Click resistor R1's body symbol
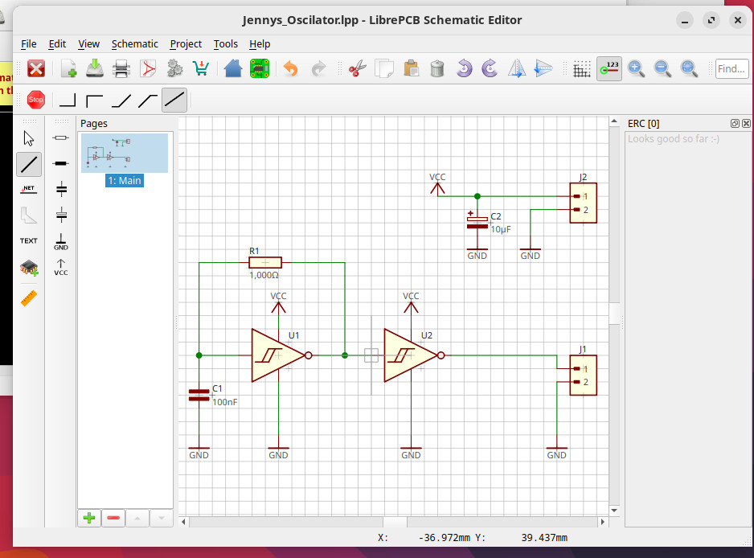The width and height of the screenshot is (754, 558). point(265,262)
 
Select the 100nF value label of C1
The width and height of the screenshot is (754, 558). point(225,401)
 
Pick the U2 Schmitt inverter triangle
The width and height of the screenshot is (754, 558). point(408,355)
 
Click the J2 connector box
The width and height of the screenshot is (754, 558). point(583,203)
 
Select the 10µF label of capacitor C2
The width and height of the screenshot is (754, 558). point(501,229)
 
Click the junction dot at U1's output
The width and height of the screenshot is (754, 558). point(345,355)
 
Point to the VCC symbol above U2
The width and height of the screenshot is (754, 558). point(411,302)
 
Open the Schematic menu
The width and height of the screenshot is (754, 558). point(134,43)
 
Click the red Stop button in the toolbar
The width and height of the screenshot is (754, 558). point(35,100)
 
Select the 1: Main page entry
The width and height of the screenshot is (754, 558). point(125,180)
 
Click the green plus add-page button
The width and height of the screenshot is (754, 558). point(89,518)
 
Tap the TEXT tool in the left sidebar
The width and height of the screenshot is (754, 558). point(29,240)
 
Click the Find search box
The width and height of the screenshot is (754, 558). point(731,69)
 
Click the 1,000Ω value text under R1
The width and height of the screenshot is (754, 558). point(264,275)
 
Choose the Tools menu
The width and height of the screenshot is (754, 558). point(226,43)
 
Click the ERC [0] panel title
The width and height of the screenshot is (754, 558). point(643,123)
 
